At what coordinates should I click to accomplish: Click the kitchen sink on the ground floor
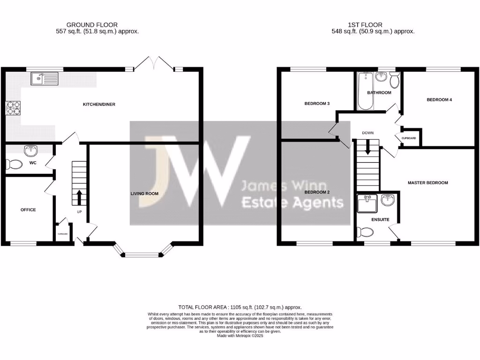(45, 79)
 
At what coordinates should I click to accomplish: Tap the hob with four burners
(14, 108)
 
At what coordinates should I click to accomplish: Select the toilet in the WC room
(14, 165)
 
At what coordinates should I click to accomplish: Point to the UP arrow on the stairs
(79, 197)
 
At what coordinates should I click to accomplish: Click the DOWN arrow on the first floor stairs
(367, 149)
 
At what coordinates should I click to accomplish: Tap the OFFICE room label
(28, 210)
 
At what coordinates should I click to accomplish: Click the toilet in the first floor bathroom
(394, 81)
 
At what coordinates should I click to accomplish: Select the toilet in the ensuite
(366, 232)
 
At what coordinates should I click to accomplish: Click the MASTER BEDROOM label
(427, 183)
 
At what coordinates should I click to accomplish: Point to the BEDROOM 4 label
(439, 100)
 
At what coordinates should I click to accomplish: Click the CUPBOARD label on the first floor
(408, 138)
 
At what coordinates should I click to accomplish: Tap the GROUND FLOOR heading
(92, 25)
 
